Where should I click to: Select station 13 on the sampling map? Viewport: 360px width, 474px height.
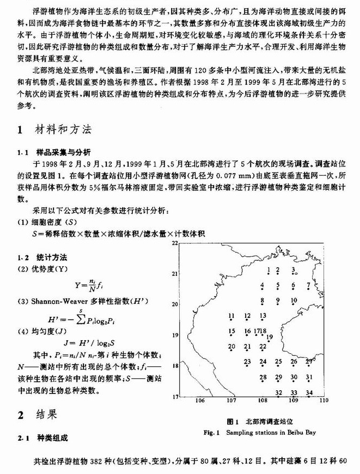pos(263,316)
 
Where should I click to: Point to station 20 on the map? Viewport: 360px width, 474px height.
pos(231,347)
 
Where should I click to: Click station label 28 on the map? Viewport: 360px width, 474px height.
pos(263,377)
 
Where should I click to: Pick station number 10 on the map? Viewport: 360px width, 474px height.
pos(294,300)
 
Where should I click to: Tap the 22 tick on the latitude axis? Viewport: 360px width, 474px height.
pos(175,243)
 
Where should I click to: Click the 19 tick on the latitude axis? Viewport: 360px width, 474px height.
pos(175,335)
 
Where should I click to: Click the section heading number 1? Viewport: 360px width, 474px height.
pos(20,131)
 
